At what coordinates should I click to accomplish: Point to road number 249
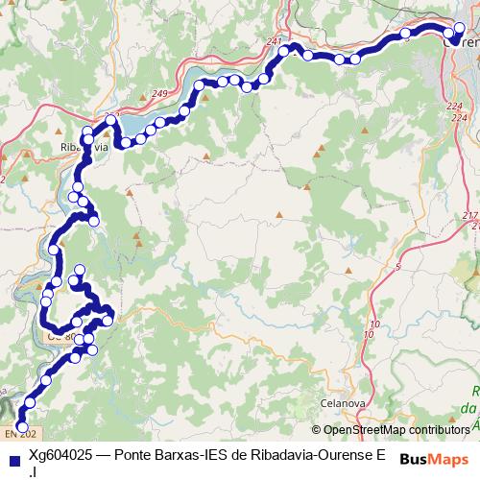[x=159, y=93]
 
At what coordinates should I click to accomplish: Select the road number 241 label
[x=276, y=42]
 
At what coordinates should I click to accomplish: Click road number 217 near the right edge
[x=469, y=214]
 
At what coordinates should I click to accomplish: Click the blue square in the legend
[x=11, y=456]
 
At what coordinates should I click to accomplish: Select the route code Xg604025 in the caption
[x=62, y=455]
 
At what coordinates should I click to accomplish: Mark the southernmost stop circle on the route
[x=22, y=416]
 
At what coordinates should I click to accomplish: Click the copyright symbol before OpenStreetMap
[x=317, y=429]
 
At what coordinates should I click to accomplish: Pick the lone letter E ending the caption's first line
[x=381, y=455]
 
